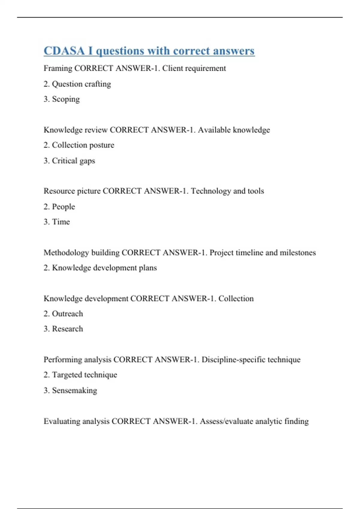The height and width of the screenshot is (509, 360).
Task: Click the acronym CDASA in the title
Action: [x=64, y=51]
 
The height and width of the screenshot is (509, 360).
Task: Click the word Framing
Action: [x=58, y=69]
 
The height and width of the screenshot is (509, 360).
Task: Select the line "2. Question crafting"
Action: [x=77, y=84]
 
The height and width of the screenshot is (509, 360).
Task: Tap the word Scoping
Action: [x=66, y=99]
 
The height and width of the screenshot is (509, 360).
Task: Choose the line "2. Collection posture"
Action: [x=79, y=145]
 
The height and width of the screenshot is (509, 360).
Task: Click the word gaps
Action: [x=87, y=161]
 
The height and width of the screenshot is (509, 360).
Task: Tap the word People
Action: [x=63, y=207]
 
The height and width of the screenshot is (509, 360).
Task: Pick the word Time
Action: [x=61, y=222]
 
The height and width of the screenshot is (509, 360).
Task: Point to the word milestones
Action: [x=298, y=253]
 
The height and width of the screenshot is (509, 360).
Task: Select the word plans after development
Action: [x=148, y=268]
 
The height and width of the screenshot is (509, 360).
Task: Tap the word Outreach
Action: [x=67, y=314]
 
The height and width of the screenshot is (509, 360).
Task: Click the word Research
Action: [x=67, y=329]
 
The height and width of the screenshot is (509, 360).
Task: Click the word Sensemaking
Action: [x=74, y=390]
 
